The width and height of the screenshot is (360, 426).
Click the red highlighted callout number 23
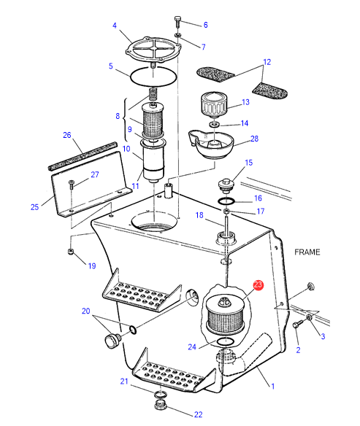click(x=258, y=285)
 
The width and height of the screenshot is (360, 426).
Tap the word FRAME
click(x=307, y=252)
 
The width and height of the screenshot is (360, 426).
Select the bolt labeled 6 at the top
click(x=177, y=22)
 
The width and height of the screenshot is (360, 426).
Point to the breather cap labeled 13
click(x=214, y=105)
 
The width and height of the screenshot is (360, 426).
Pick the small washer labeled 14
click(x=215, y=125)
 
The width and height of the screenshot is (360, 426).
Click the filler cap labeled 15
click(x=226, y=185)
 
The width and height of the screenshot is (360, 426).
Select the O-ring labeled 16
click(x=226, y=201)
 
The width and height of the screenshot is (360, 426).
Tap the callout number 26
click(x=67, y=135)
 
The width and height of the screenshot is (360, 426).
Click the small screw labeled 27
click(x=72, y=185)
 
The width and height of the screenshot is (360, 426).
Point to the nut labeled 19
click(x=71, y=252)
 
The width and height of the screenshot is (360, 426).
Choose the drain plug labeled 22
click(x=160, y=406)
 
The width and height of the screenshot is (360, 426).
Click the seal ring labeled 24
click(x=225, y=342)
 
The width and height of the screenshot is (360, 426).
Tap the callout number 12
click(x=267, y=62)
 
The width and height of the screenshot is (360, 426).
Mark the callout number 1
click(x=272, y=386)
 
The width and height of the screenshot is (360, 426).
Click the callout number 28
click(x=255, y=139)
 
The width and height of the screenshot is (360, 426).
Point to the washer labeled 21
click(x=160, y=395)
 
